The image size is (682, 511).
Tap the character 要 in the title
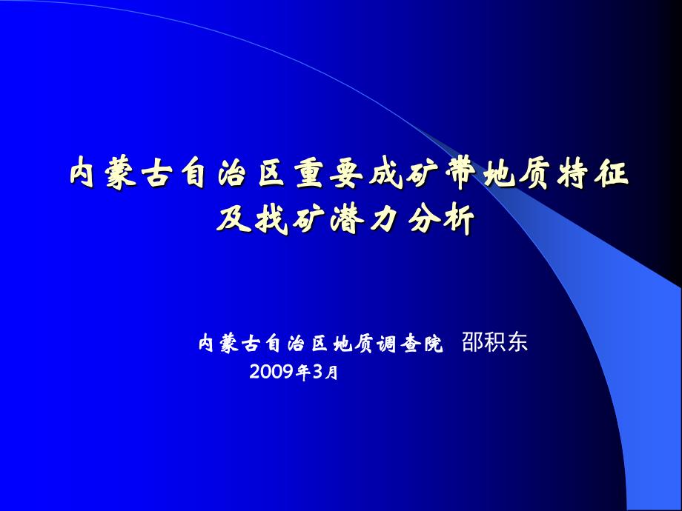coord(346,175)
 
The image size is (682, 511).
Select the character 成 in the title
coord(385,175)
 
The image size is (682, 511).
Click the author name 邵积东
coord(494,342)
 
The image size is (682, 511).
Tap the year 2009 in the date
coord(272,372)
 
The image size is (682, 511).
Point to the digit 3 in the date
coord(318,372)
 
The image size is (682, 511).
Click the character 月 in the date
coord(331,373)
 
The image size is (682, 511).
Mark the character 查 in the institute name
coord(411,344)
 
